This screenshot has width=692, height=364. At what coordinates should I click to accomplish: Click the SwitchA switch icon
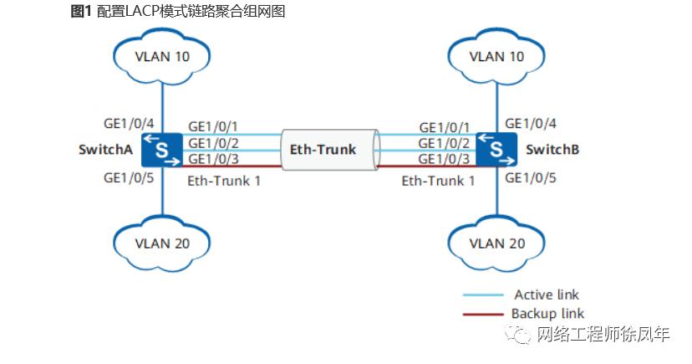coord(161,150)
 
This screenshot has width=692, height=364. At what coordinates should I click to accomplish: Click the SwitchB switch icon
coord(496,150)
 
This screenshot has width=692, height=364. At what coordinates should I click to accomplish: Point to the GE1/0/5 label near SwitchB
coord(531,177)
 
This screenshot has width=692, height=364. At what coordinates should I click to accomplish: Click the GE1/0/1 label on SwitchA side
coord(214,126)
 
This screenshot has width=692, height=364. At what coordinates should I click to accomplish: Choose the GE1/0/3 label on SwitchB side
coord(444,159)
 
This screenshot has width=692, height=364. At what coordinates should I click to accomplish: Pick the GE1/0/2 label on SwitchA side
coord(214,143)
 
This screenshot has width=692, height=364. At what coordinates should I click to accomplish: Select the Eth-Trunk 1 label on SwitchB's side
coord(438,179)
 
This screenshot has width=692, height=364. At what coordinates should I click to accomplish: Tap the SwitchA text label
coord(106,150)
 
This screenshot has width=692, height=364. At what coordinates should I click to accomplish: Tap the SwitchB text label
coord(552,150)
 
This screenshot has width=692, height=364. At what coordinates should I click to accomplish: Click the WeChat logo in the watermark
coord(522,336)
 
